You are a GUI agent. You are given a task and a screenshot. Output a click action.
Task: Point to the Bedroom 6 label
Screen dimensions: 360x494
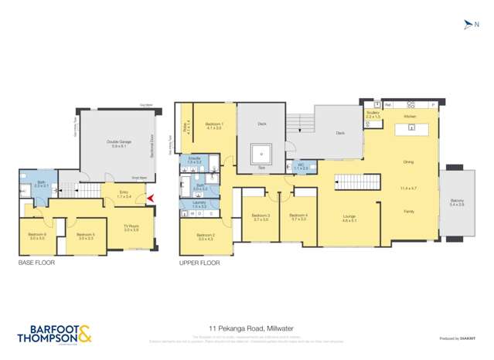point(37,236)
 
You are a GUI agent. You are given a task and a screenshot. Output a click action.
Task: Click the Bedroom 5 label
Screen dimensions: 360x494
point(85,236)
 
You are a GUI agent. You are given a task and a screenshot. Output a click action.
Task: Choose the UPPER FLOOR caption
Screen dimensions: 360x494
point(199,263)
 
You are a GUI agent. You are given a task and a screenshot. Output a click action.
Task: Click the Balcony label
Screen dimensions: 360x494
point(457,202)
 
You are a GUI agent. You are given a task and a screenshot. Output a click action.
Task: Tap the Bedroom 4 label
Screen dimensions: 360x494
point(298,217)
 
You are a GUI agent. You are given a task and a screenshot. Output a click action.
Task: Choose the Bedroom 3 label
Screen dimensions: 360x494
point(261,217)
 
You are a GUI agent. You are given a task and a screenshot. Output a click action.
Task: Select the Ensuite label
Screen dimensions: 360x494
point(195,160)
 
